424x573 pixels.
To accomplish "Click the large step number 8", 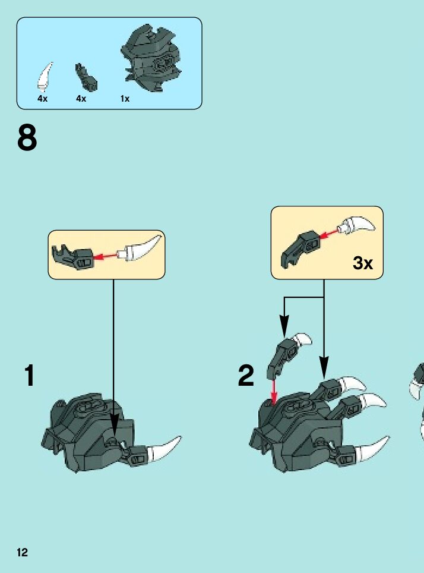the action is pyautogui.click(x=27, y=137).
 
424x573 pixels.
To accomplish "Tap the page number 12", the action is pyautogui.click(x=23, y=552).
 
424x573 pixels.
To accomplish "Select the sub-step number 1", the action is pyautogui.click(x=29, y=375).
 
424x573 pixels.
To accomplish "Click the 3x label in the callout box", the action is pyautogui.click(x=363, y=262).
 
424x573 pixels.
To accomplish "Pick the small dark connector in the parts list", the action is pyautogui.click(x=86, y=77).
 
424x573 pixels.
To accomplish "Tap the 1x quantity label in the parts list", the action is pyautogui.click(x=125, y=99).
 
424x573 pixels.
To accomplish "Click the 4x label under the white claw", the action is pyautogui.click(x=42, y=99).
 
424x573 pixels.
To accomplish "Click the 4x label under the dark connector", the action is pyautogui.click(x=81, y=99).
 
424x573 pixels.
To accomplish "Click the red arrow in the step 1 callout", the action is pyautogui.click(x=105, y=256).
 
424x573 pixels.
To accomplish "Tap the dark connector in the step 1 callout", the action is pyautogui.click(x=73, y=257).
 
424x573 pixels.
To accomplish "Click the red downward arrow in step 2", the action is pyautogui.click(x=274, y=391).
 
